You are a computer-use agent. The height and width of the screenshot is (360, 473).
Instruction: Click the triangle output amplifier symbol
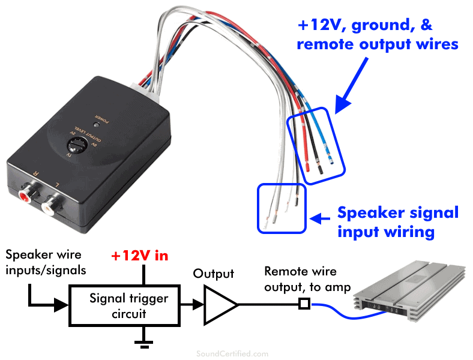(219, 305)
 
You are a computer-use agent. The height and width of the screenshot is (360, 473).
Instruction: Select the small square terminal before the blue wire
(304, 305)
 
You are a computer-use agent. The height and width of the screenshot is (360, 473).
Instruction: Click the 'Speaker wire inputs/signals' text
(44, 262)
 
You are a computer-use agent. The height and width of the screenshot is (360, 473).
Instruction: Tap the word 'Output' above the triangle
(213, 274)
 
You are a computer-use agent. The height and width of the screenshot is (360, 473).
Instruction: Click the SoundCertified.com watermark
(233, 354)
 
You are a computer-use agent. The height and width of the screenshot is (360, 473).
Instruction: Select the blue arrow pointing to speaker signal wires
(321, 218)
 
